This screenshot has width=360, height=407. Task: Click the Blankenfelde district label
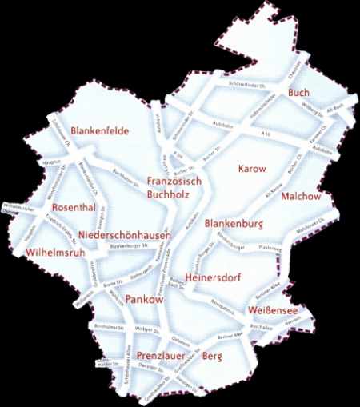coord(100,130)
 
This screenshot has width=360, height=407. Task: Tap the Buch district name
coord(299,93)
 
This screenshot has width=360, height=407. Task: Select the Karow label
coord(251,170)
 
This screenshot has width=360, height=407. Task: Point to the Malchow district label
coord(302,196)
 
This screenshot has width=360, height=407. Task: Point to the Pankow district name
coord(145,298)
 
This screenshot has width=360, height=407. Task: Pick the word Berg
coord(211,355)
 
